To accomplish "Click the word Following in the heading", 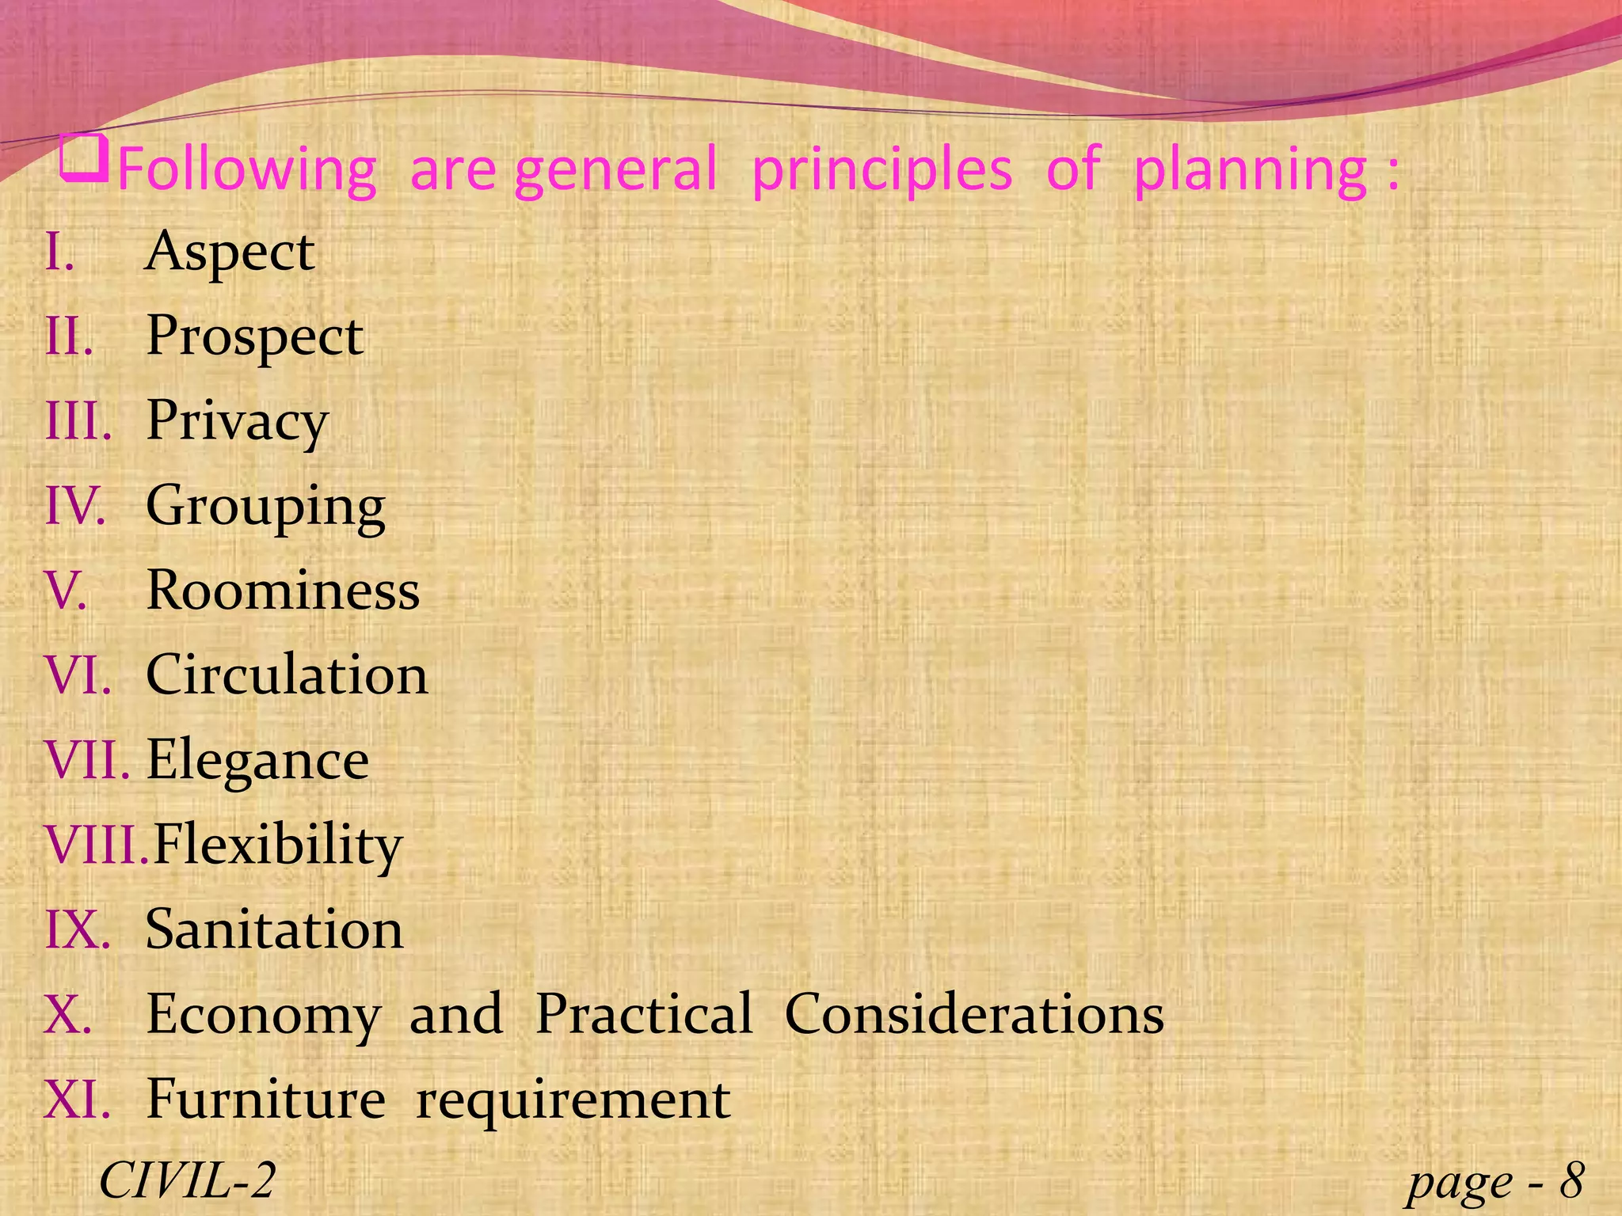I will point(246,170).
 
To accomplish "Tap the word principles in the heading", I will point(881,170).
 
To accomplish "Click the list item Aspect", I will point(230,253).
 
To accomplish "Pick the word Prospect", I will point(254,337).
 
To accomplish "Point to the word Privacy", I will point(237,422).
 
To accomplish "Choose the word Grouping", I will point(265,507).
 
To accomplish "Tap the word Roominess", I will point(283,591).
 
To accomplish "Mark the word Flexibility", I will point(277,845).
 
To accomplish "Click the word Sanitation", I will point(274,929).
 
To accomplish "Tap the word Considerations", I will point(974,1014).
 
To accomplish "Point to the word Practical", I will point(644,1014).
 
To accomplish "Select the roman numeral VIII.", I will point(95,845).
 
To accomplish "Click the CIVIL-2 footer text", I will point(187,1180).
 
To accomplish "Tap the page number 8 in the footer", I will point(1571,1180).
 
